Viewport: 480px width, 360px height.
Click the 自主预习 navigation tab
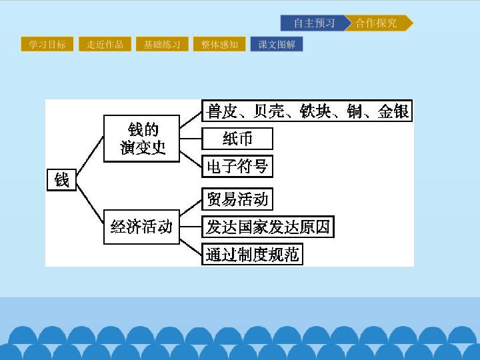pos(314,23)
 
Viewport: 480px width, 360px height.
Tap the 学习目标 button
pos(47,44)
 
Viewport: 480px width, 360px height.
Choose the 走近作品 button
pos(105,44)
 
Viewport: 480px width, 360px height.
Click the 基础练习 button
pos(162,44)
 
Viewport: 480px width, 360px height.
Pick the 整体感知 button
pos(219,44)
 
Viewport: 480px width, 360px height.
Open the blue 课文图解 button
pos(277,44)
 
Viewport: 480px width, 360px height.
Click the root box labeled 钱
pos(61,180)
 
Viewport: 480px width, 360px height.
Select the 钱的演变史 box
pos(141,139)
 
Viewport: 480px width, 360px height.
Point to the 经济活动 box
pos(141,227)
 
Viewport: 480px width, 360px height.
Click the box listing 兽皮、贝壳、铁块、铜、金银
pos(307,111)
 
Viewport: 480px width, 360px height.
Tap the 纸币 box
pos(237,139)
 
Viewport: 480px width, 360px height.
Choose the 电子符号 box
pos(237,166)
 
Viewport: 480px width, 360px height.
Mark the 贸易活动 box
pos(237,199)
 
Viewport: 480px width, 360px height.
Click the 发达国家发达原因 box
pos(268,227)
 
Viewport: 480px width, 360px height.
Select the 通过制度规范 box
pos(252,254)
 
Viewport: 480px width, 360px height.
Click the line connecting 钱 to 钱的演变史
pos(90,156)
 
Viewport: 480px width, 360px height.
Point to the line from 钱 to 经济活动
pos(90,203)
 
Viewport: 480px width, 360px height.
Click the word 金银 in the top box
pos(393,111)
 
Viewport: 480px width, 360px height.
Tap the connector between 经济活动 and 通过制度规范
pos(191,247)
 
